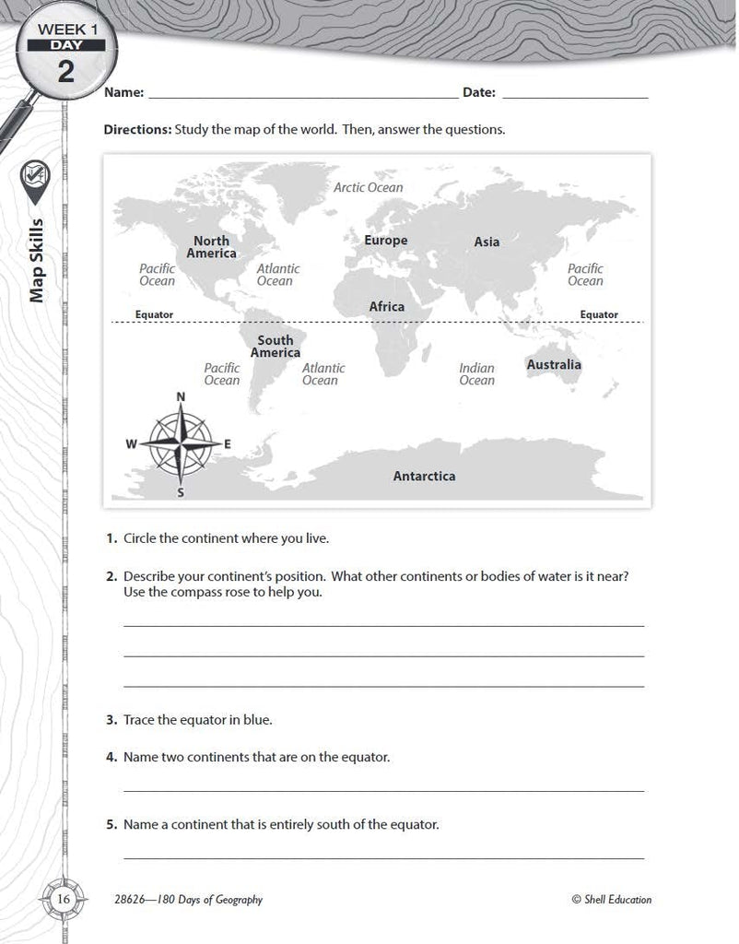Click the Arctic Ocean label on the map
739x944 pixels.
tap(368, 187)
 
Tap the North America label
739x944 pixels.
tap(211, 247)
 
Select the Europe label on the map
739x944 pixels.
tap(385, 241)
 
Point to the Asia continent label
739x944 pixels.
tap(487, 242)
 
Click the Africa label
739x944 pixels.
tap(386, 306)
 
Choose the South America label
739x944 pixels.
tap(275, 347)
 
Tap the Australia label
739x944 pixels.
tap(554, 364)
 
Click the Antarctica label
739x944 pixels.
tap(424, 477)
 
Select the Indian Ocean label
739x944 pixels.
tap(476, 373)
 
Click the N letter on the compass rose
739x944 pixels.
tap(181, 396)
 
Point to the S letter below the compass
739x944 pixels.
tap(181, 492)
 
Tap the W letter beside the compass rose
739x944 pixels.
tap(131, 444)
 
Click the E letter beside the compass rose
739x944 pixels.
tap(228, 444)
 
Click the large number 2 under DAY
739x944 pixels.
tap(66, 71)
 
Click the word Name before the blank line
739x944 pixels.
tap(123, 93)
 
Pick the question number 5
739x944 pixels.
tap(110, 824)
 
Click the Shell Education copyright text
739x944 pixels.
tap(611, 900)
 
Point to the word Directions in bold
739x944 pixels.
tap(137, 130)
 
